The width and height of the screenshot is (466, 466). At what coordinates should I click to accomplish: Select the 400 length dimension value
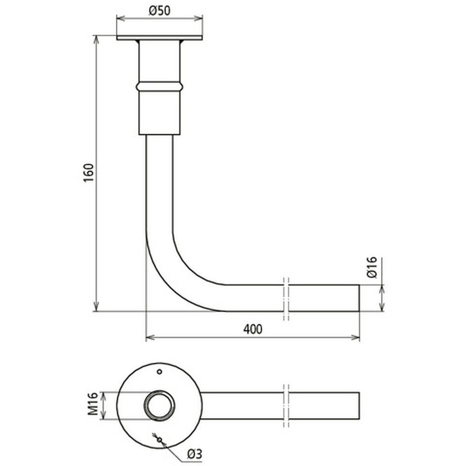(x=253, y=329)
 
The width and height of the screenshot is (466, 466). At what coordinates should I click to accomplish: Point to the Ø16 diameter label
(x=372, y=268)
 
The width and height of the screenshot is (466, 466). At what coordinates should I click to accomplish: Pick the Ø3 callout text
(x=195, y=453)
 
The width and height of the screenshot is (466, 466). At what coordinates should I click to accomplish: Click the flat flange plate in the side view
(x=159, y=38)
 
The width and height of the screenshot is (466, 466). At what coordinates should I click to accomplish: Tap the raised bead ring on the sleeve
(x=159, y=86)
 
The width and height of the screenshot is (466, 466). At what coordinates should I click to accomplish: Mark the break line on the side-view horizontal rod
(x=286, y=298)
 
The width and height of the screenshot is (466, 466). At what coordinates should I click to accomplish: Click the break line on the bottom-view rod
(x=286, y=405)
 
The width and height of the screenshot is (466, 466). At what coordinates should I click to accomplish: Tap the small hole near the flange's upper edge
(x=159, y=371)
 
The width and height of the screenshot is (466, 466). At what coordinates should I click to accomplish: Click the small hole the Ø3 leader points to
(x=159, y=439)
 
